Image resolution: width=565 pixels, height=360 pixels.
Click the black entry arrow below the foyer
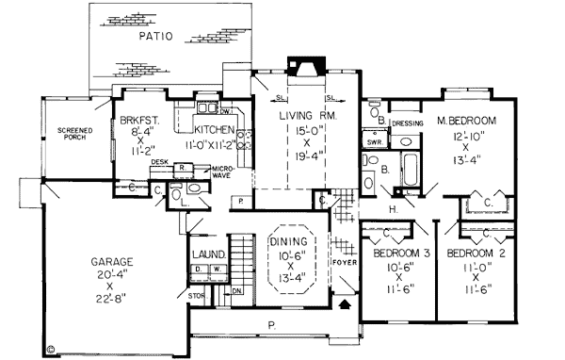pyautogui.click(x=344, y=303)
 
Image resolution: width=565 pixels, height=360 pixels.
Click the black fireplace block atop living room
pyautogui.click(x=304, y=59)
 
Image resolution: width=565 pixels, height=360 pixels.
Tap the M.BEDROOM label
pyautogui.click(x=467, y=122)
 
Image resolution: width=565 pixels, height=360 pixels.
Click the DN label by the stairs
pyautogui.click(x=237, y=292)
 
